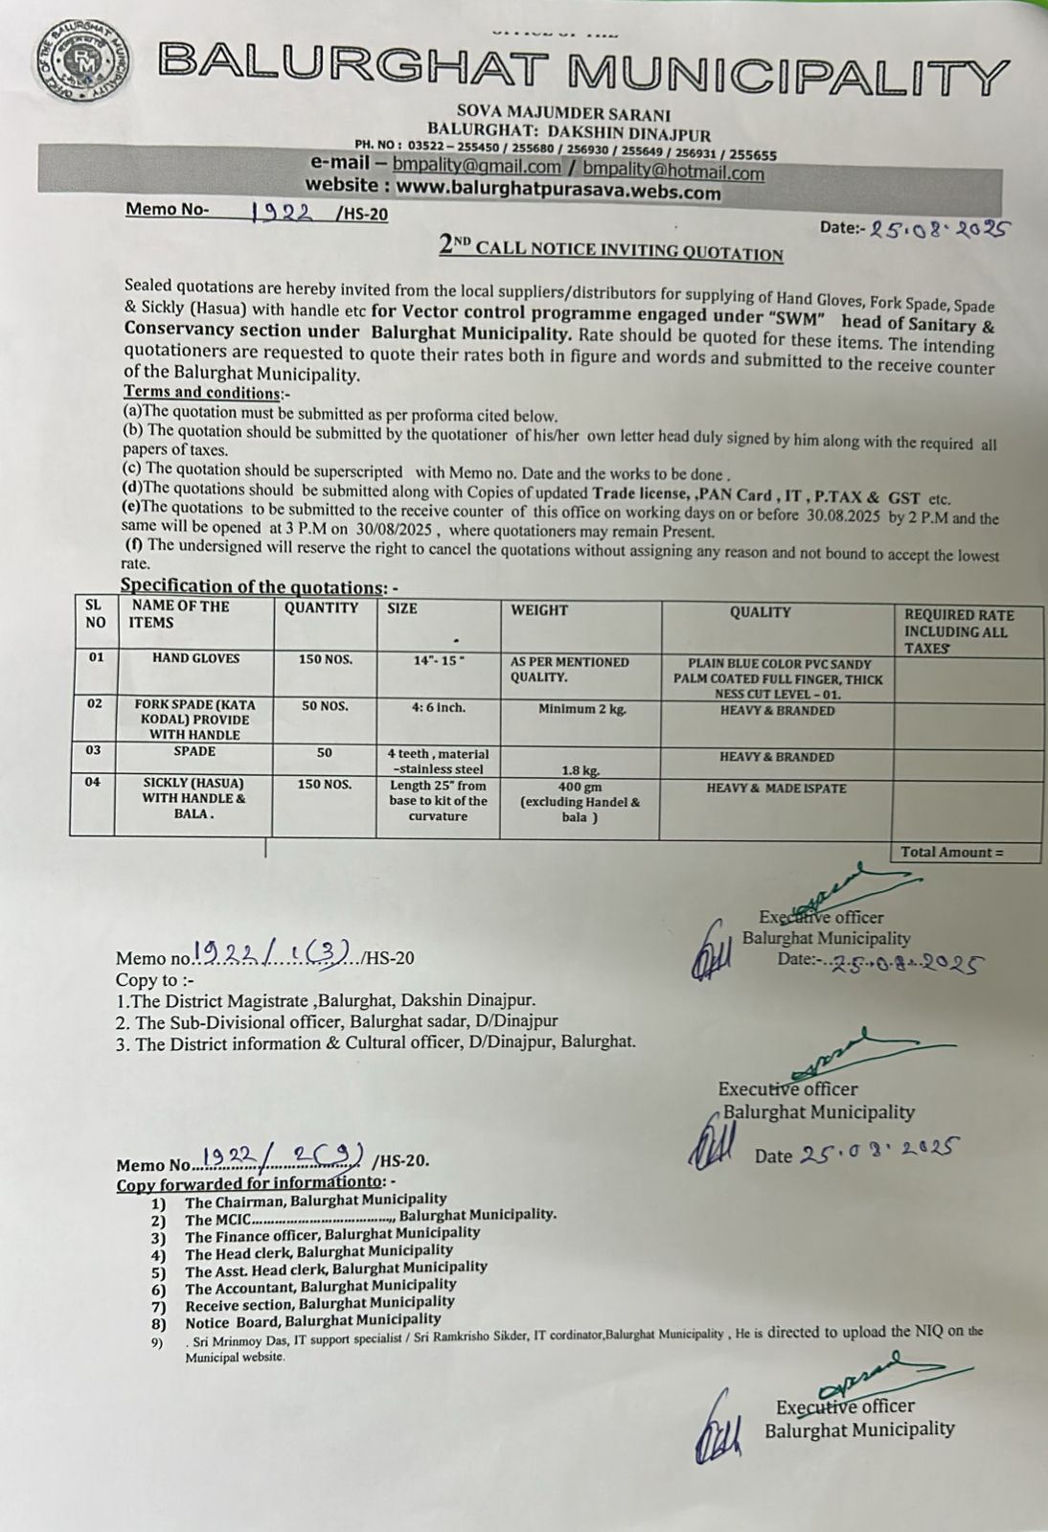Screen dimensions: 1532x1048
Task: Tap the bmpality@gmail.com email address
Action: [x=476, y=166]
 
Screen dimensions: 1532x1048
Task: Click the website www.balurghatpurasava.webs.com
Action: [x=558, y=190]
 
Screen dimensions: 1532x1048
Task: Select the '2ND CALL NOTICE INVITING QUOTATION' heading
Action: [x=611, y=248]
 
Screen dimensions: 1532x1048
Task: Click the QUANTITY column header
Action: [x=321, y=608]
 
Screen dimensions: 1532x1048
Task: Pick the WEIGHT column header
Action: [x=539, y=610]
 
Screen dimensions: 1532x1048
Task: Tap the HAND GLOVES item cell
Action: [x=195, y=659]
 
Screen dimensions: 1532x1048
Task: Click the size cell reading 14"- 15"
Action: [x=437, y=661]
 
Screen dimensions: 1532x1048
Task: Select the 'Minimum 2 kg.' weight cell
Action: [x=581, y=710]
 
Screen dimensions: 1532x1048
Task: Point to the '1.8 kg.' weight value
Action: [x=580, y=769]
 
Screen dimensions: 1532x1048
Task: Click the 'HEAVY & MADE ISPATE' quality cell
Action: [x=776, y=789]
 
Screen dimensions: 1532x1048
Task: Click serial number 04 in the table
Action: [x=92, y=783]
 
